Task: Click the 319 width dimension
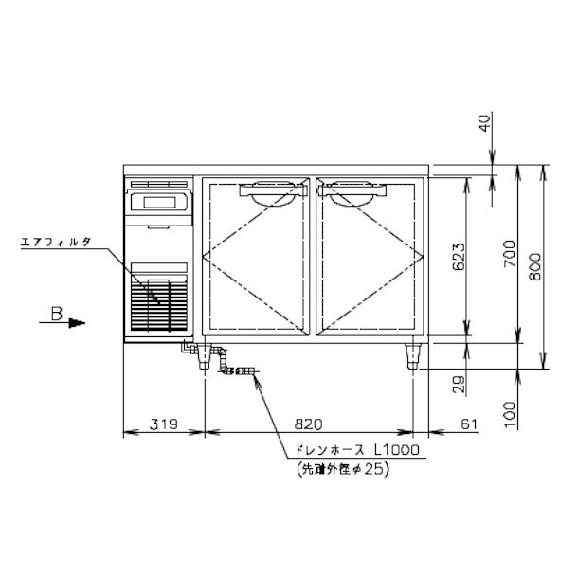(x=164, y=424)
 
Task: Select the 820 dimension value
(x=308, y=424)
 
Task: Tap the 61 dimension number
(x=469, y=424)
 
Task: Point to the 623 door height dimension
(x=459, y=257)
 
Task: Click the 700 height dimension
(x=510, y=254)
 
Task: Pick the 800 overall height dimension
(x=535, y=266)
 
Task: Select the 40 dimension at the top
(x=485, y=123)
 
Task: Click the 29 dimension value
(x=459, y=385)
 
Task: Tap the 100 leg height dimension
(x=510, y=415)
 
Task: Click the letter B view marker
(x=57, y=314)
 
